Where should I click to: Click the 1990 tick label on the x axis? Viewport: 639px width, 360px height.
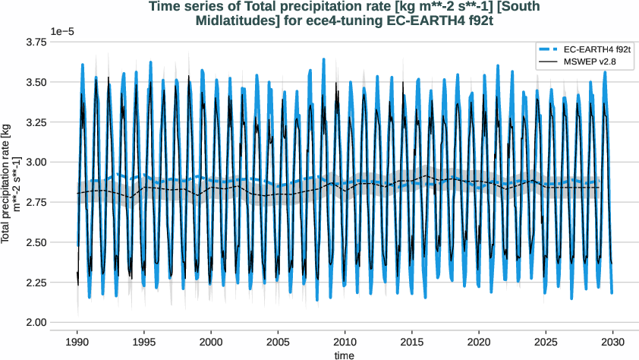point(77,340)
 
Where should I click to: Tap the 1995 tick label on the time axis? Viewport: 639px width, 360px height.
point(144,340)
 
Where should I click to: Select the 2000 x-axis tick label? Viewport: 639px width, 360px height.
point(211,340)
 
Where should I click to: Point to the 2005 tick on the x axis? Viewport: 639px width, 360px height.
point(278,340)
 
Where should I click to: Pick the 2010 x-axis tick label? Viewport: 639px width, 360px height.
point(345,340)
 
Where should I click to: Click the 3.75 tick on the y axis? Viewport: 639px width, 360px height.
point(35,42)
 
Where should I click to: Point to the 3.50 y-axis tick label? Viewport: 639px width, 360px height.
point(35,82)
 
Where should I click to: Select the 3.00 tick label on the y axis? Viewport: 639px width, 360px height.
point(35,163)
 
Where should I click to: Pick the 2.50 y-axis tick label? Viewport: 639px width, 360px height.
point(35,242)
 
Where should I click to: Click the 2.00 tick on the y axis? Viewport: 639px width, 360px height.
point(35,323)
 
